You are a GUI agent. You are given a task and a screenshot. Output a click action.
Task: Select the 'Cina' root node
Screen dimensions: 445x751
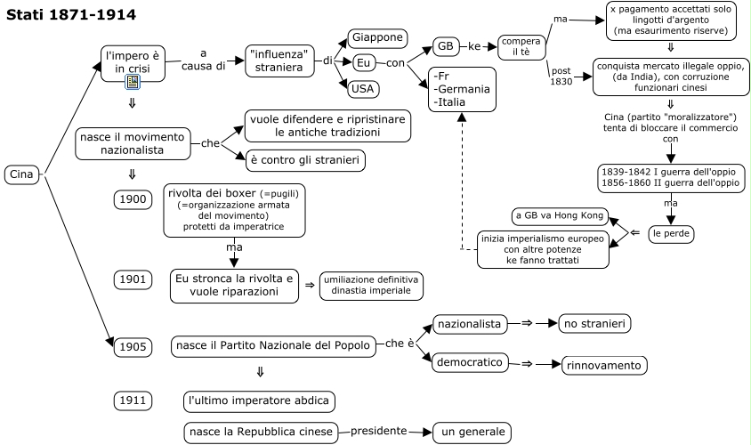21,174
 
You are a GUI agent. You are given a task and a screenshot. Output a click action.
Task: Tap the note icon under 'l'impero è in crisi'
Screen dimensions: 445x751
133,82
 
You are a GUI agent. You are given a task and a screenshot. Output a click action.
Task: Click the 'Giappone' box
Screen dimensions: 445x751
377,38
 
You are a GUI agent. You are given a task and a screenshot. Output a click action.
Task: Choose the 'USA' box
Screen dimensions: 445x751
363,88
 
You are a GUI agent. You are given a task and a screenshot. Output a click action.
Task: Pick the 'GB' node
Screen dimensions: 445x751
445,46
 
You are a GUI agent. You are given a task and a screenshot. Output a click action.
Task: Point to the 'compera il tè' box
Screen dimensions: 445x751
521,46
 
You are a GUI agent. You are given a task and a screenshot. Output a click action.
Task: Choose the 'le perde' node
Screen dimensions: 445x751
671,233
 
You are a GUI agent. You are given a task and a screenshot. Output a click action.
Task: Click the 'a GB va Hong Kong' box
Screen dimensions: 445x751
560,216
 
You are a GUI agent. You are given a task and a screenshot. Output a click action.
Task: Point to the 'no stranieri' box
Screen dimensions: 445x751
594,324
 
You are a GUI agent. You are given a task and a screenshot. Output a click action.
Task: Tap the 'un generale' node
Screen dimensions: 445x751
472,433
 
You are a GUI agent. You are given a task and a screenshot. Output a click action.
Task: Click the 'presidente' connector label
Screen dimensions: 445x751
378,431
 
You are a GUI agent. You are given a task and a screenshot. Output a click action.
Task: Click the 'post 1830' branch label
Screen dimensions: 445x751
561,76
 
